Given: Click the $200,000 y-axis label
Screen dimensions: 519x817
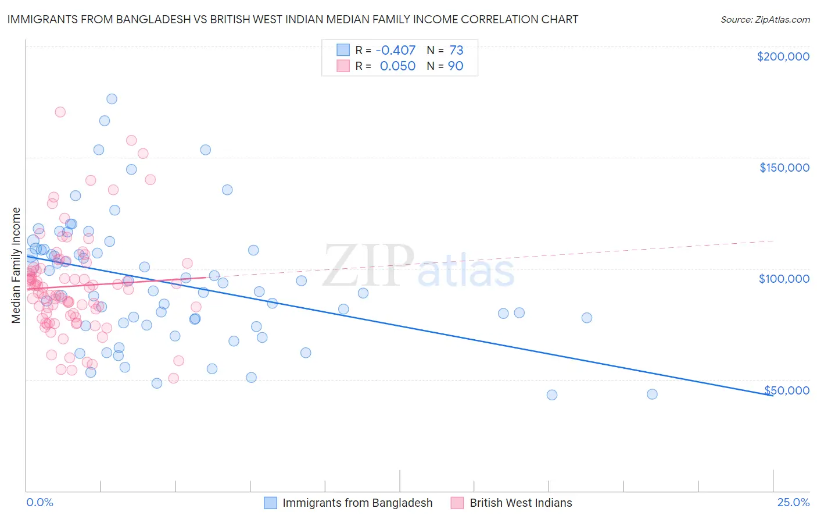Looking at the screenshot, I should [783, 56].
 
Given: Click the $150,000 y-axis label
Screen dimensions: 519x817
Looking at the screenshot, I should [784, 168].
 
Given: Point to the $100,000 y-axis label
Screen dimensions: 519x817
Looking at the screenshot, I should [784, 279].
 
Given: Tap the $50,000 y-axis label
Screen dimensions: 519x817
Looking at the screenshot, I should [786, 390].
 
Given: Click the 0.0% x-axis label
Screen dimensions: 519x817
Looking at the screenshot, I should [40, 502].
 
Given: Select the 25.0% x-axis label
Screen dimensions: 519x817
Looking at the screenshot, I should [793, 502].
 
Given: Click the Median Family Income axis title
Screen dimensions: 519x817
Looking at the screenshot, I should [16, 265].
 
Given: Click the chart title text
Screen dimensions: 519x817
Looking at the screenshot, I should [292, 19].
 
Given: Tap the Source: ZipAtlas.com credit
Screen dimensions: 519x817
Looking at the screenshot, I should [765, 20].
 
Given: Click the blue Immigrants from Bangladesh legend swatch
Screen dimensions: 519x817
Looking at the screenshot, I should [271, 503].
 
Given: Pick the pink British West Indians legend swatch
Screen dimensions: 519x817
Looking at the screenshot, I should [457, 503].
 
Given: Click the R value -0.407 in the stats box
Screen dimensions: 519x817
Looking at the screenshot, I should [396, 51].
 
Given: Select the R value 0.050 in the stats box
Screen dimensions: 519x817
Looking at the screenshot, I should [397, 66].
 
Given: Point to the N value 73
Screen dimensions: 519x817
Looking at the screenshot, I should [456, 51].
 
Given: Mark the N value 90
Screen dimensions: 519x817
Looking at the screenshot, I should [456, 66].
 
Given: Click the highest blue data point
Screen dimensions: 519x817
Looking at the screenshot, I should [112, 99].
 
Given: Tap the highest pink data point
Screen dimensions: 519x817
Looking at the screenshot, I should [60, 112].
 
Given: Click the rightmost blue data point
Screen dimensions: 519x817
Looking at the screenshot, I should [652, 394].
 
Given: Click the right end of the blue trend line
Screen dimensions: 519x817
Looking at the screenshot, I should [772, 395].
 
